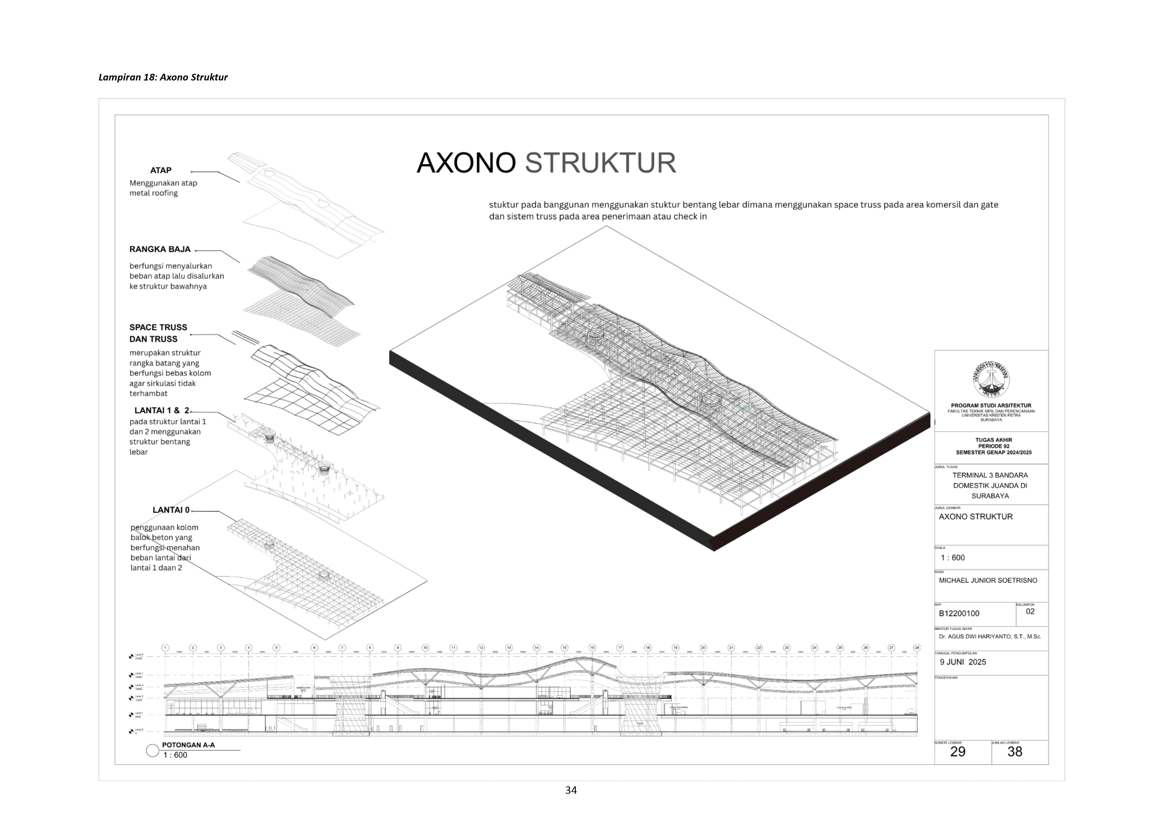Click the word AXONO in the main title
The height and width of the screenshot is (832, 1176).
click(466, 163)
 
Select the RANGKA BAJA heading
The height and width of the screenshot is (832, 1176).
click(160, 249)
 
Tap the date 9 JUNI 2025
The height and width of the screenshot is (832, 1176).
click(962, 662)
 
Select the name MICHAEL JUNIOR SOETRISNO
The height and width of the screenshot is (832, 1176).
click(988, 580)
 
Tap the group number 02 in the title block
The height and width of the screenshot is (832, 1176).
click(1030, 611)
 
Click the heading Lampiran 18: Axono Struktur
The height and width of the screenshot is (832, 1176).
click(163, 77)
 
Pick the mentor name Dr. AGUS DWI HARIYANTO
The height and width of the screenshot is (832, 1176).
click(990, 637)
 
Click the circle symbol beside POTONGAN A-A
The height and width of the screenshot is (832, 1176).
click(152, 751)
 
